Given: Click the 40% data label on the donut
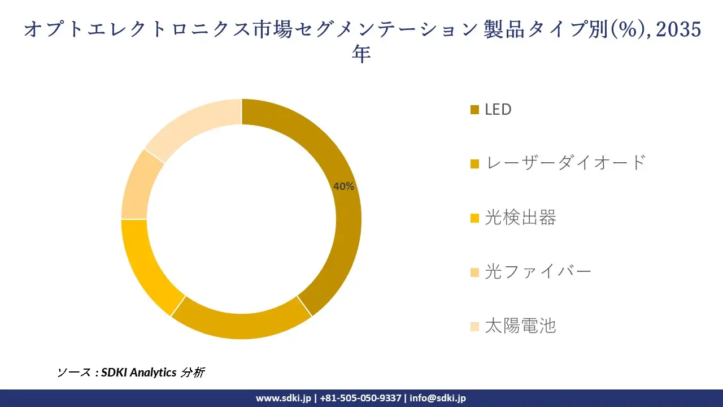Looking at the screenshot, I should click(x=343, y=187).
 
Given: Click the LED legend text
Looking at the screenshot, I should click(x=498, y=109).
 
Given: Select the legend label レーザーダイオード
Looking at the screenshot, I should click(x=565, y=163).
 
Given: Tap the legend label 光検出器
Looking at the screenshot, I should click(x=520, y=218).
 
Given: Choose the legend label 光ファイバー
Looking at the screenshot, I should click(x=538, y=272).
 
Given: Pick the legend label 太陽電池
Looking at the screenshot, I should click(x=520, y=326).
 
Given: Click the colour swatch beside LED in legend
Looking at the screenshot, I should click(x=474, y=110).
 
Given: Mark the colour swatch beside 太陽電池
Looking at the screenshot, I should click(x=474, y=327).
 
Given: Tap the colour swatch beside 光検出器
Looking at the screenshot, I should click(x=474, y=218).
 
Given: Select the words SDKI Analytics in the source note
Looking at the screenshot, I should click(x=139, y=372).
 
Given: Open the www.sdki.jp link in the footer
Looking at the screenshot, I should click(x=283, y=398).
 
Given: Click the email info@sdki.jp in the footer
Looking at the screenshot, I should click(x=438, y=398).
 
